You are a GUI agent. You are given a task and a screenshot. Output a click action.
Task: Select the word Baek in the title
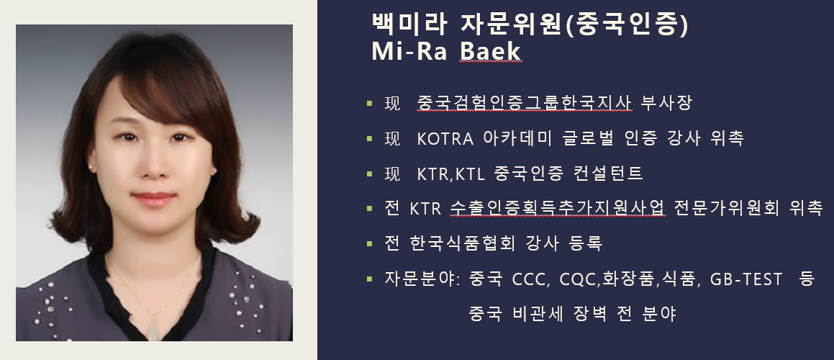[491, 51]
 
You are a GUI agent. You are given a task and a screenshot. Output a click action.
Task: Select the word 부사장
[666, 103]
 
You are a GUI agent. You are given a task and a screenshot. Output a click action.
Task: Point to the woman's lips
[154, 199]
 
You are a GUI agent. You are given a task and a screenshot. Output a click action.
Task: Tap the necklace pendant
[153, 330]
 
